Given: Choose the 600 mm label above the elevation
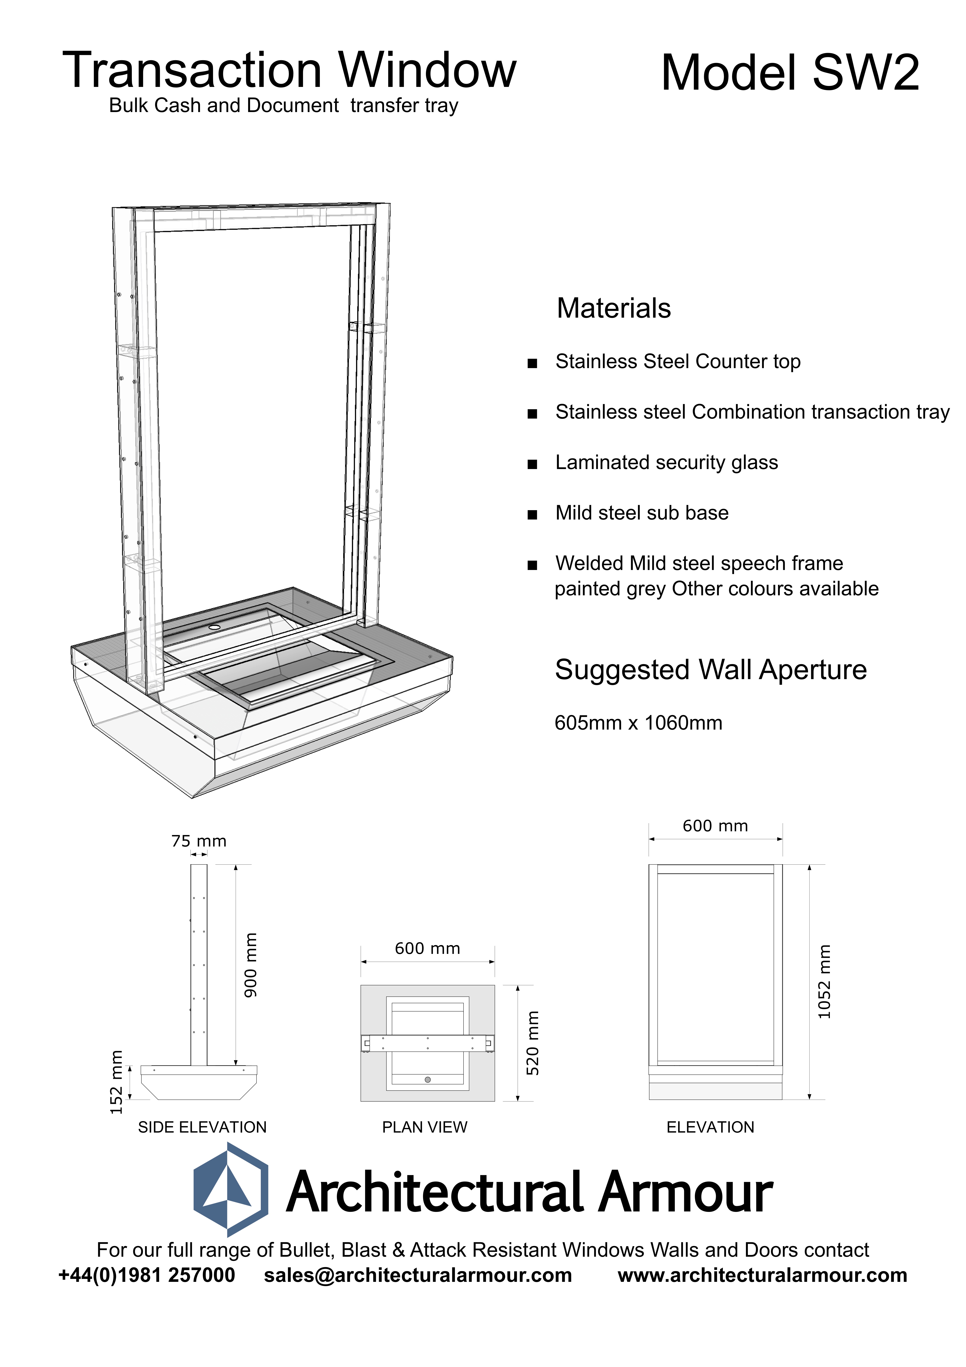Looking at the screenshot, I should pos(715,826).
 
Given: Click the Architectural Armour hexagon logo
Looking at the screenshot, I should pos(230,1189).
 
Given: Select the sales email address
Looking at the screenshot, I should pos(418,1275).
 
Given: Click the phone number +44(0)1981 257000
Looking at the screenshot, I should pos(147,1275).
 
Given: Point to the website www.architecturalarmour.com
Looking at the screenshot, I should pos(762,1275).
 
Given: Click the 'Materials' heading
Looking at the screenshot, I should pos(614,308).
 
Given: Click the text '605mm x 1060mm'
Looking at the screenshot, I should pos(638,723).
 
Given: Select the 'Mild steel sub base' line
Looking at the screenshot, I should pos(642,513).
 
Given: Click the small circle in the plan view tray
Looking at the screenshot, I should pos(427,1079).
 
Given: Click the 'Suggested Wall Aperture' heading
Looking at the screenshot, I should pos(711,670).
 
